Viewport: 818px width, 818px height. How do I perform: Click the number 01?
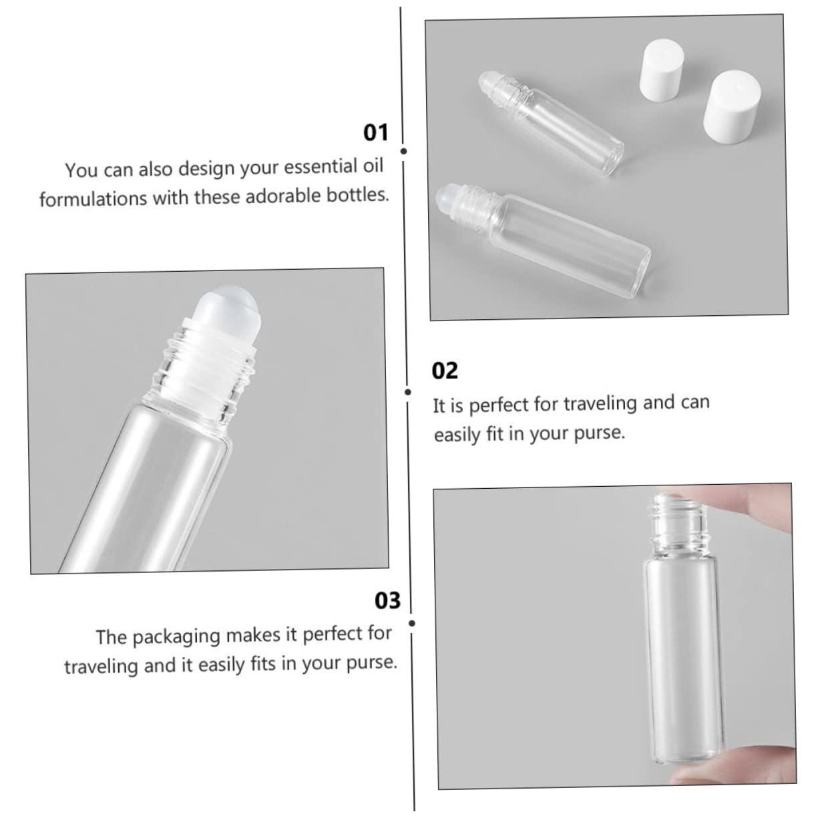(x=375, y=132)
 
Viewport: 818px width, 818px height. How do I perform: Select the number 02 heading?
(x=445, y=370)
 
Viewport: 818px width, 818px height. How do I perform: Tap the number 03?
(x=387, y=600)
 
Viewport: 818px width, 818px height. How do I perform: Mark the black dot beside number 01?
(x=403, y=152)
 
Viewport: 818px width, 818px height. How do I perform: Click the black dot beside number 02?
(x=408, y=392)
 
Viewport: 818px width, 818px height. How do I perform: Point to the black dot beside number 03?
(x=411, y=624)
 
